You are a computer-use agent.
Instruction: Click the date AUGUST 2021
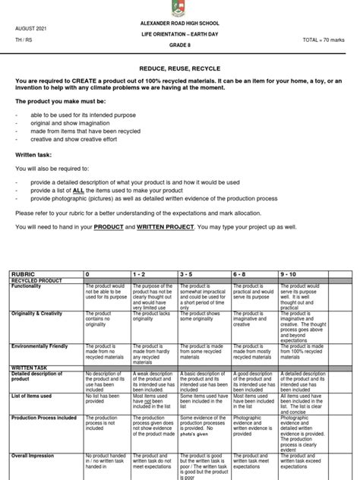coord(30,27)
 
